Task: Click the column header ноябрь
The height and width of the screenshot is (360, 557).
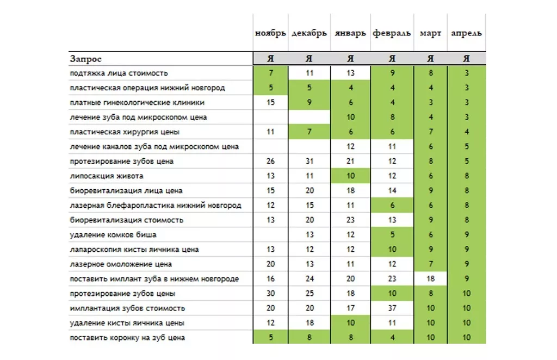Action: tap(270, 33)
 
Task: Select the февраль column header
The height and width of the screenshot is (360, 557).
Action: tap(392, 33)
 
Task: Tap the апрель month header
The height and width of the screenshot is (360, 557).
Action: tap(466, 33)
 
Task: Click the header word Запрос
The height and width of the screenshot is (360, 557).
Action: tap(86, 59)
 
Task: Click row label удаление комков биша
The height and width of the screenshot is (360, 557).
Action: tap(113, 235)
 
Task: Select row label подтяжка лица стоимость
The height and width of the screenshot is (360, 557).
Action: tap(119, 73)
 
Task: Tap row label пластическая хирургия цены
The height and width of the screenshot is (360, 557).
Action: tap(125, 132)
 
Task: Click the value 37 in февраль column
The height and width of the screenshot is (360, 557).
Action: tap(392, 308)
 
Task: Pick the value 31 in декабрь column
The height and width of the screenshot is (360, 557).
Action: tap(310, 162)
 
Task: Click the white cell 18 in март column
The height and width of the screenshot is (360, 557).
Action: tap(430, 279)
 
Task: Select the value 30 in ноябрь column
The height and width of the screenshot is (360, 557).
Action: tap(270, 294)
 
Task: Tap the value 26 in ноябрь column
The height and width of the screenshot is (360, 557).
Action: tap(270, 162)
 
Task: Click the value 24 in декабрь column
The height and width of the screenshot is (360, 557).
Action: tap(310, 279)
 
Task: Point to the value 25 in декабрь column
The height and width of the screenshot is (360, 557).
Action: tap(310, 294)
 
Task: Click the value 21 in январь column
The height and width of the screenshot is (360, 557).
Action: tap(350, 162)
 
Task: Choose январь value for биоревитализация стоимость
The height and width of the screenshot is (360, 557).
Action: tap(350, 220)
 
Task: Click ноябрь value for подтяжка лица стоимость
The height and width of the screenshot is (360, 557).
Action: tap(270, 73)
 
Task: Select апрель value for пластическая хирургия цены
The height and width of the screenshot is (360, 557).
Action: tap(466, 132)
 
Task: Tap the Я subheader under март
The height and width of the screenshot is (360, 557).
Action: tap(430, 59)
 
